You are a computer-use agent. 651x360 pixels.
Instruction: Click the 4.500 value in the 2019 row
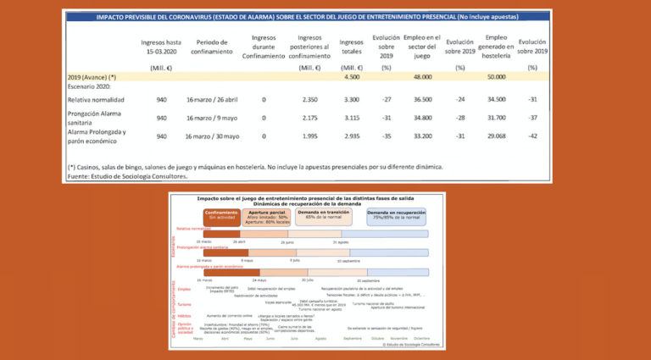coord(352,77)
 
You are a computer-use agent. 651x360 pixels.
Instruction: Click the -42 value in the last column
coord(532,136)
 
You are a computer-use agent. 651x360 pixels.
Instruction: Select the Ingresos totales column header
coord(352,47)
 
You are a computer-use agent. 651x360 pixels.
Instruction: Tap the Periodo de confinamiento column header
coord(214,47)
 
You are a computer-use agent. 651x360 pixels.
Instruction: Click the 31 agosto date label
coord(341,242)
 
